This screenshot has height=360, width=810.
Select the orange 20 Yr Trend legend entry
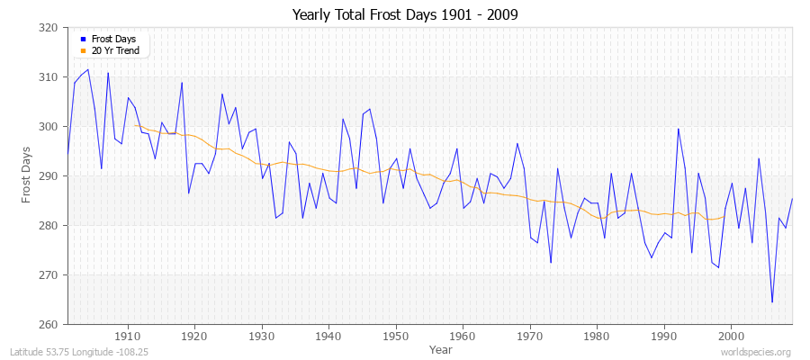(115, 50)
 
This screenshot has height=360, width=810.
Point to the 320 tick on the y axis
(50, 28)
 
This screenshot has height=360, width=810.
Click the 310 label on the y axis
(50, 77)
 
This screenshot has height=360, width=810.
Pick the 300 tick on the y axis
(50, 127)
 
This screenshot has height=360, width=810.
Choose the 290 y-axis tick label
(50, 176)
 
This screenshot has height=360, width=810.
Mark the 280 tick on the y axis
(50, 226)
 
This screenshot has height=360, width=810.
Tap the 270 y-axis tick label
(50, 275)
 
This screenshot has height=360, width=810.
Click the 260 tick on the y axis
(50, 325)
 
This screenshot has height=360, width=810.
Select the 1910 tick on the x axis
(128, 337)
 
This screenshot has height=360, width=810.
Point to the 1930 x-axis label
(262, 337)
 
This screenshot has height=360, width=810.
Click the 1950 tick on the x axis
(396, 337)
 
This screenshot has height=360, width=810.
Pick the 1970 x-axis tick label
(530, 337)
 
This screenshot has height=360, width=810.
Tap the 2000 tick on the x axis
(731, 337)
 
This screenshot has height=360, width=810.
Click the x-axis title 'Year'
(441, 348)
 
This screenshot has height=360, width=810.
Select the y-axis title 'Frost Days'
(27, 176)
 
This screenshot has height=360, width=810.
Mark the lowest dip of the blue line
(771, 302)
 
